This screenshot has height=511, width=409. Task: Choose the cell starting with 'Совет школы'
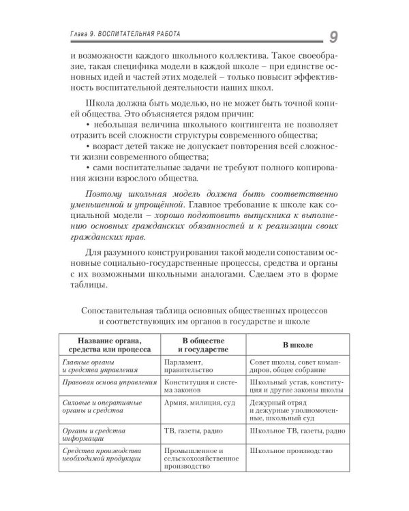click(x=294, y=368)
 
